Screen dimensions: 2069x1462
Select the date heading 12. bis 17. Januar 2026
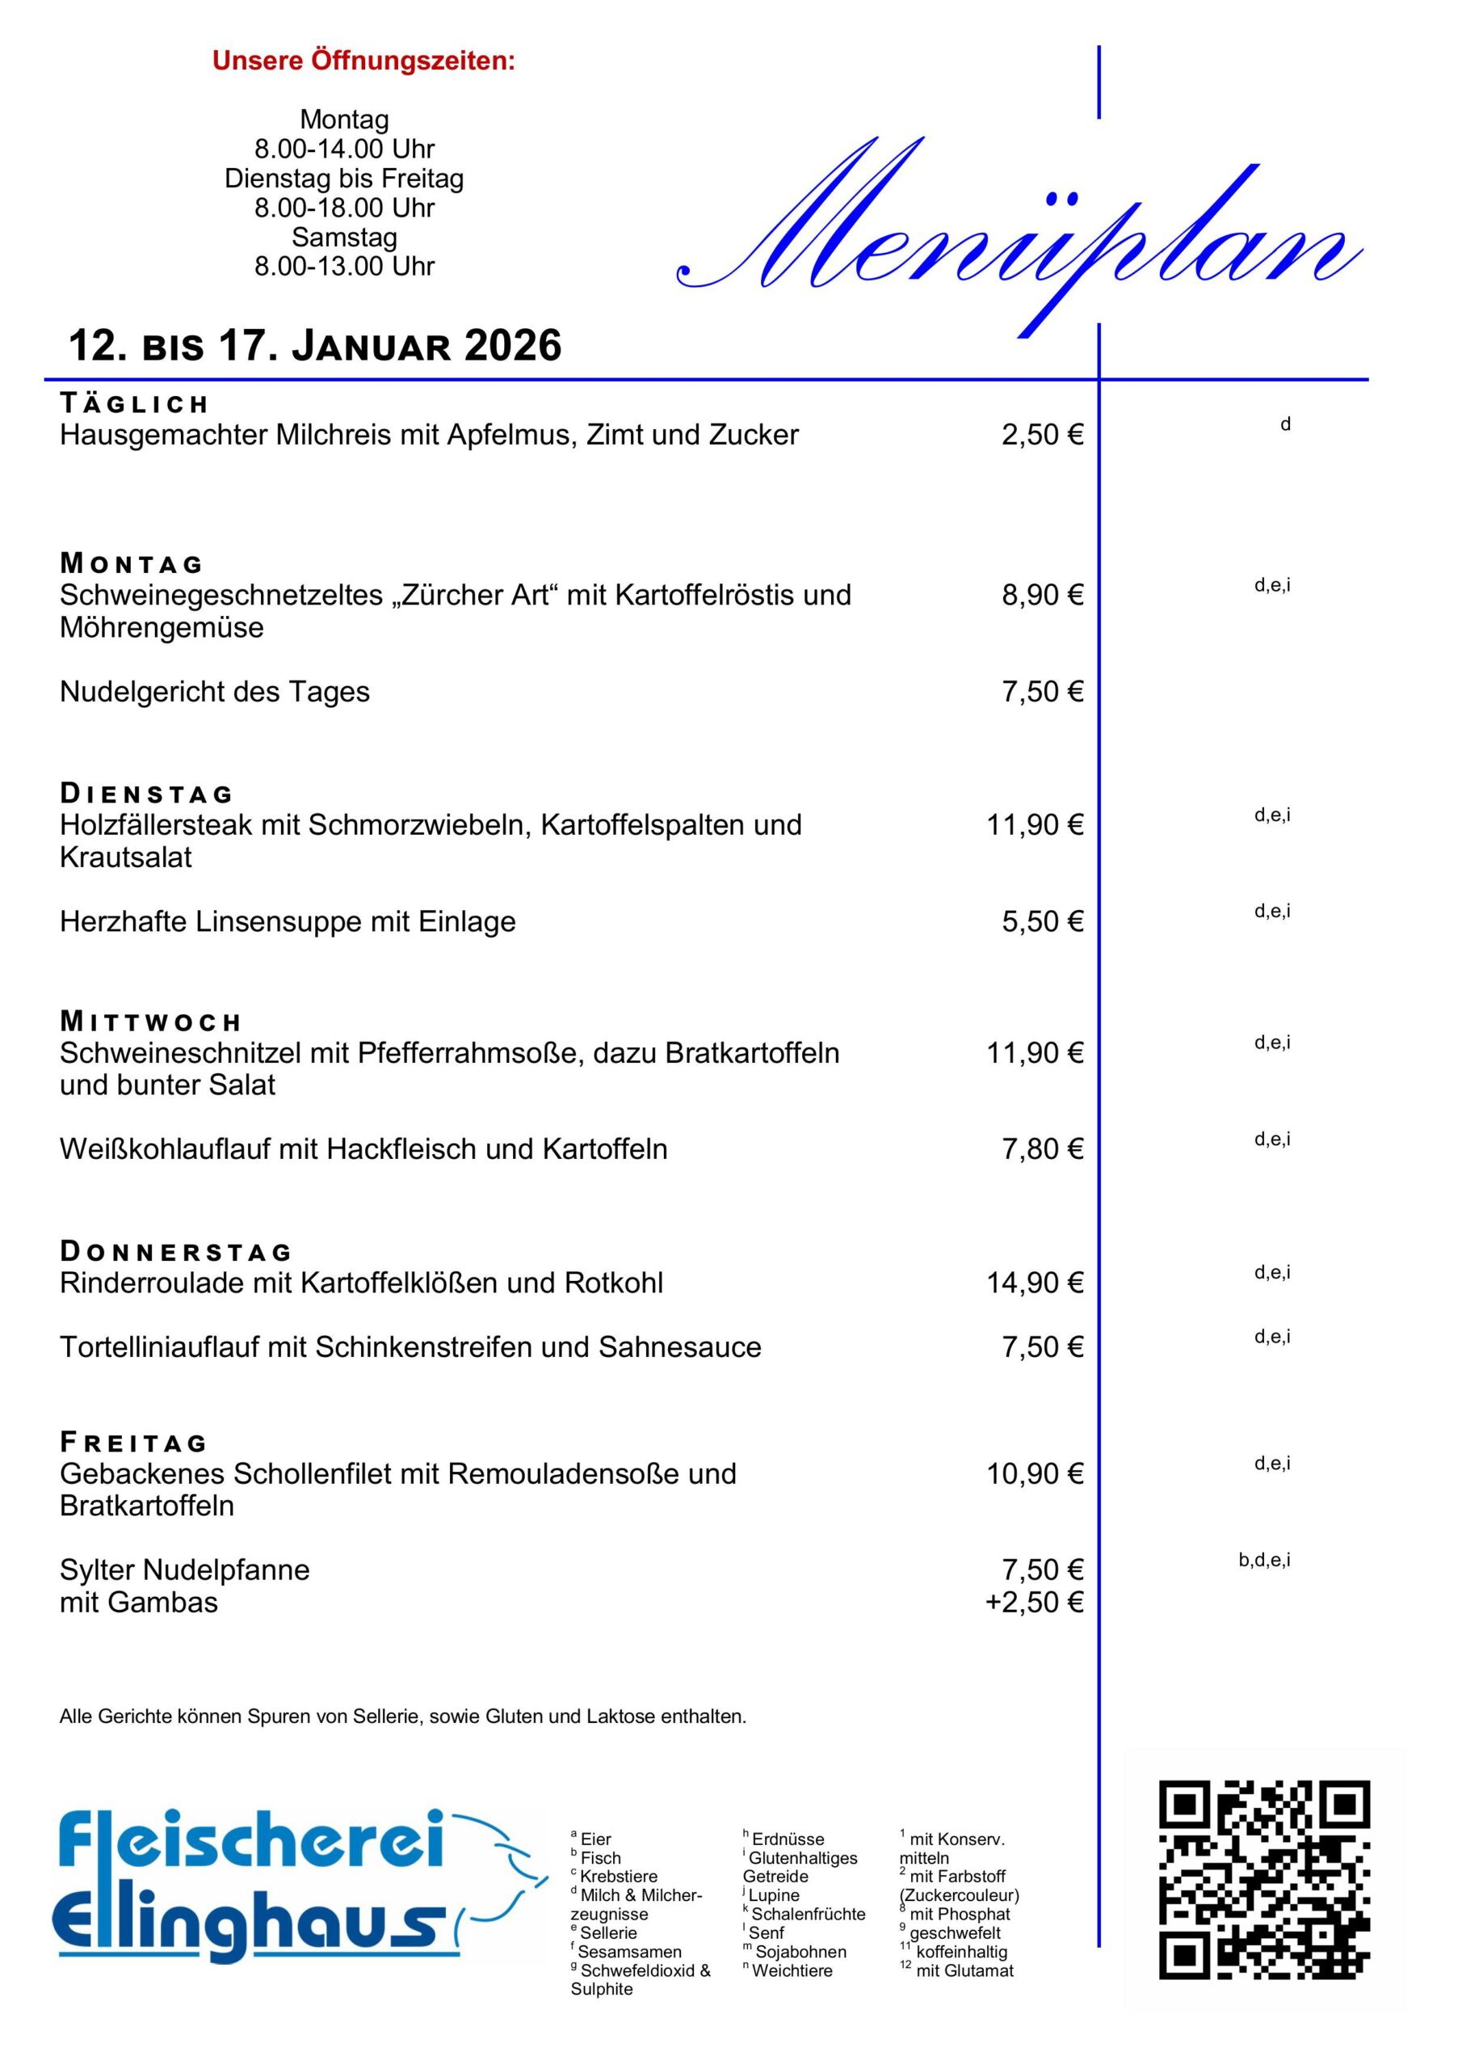click(x=315, y=346)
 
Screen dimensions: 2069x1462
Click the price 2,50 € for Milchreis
click(x=1042, y=436)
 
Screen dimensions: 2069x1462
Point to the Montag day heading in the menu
click(x=132, y=564)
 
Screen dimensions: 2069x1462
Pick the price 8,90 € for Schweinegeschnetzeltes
click(x=1042, y=595)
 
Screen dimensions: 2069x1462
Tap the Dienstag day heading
click(x=146, y=794)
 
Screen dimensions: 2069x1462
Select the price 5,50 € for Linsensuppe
click(x=1042, y=921)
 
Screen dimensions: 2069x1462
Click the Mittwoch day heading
click(x=150, y=1022)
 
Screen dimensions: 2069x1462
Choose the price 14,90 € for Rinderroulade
click(x=1034, y=1283)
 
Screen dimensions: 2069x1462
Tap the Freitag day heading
click(x=133, y=1443)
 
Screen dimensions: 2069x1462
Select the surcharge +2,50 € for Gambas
click(x=1034, y=1602)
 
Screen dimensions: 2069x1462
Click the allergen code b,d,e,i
click(x=1264, y=1560)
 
